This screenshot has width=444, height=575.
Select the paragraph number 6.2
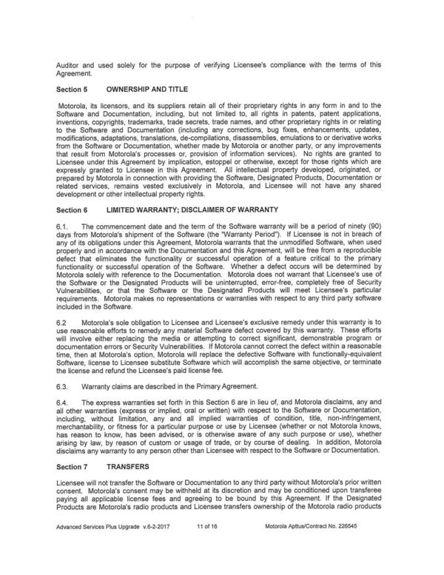pos(63,325)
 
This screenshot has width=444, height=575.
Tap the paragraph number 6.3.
pos(63,386)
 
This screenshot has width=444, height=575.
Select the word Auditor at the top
pos(70,64)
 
